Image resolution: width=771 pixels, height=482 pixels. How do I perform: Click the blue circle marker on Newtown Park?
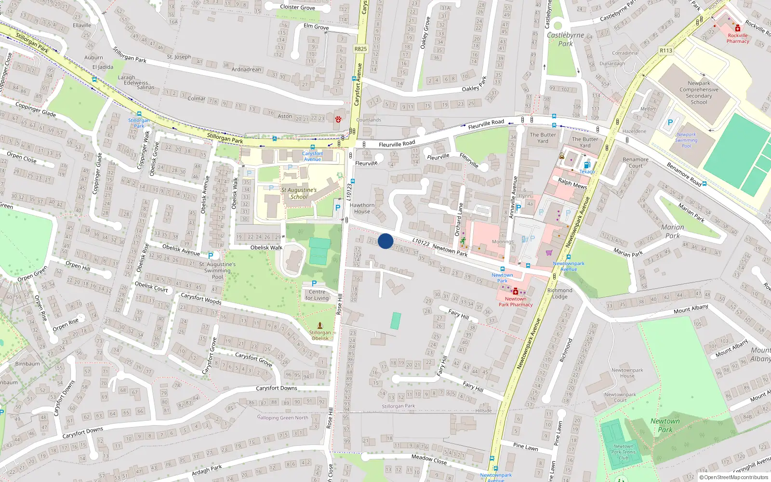[385, 241]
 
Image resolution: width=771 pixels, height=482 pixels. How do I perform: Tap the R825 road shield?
[360, 49]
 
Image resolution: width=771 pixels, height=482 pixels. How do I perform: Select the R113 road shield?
[666, 50]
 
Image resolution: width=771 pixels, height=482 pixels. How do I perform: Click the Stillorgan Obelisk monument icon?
[319, 326]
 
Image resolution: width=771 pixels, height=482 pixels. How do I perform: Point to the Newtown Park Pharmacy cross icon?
[516, 291]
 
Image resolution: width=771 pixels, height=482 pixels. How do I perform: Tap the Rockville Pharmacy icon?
[738, 28]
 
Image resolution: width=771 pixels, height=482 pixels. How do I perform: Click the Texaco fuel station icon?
[587, 165]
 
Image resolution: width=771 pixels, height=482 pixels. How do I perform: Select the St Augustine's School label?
[299, 193]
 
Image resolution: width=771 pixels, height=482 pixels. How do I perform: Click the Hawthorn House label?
[362, 208]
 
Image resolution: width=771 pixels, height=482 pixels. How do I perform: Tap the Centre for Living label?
[317, 295]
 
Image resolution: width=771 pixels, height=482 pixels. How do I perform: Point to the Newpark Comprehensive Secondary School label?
[699, 93]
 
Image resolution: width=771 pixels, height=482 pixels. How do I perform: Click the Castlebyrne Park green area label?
[565, 39]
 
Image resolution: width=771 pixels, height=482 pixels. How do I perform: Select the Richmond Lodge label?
[560, 294]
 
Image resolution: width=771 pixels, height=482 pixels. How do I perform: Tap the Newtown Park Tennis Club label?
[624, 452]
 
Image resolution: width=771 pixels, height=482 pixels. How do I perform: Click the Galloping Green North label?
[283, 417]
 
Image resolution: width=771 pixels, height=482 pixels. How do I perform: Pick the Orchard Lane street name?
[459, 219]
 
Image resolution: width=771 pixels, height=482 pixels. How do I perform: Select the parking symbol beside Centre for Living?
[314, 283]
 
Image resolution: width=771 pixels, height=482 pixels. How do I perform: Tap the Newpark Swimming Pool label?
[686, 140]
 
